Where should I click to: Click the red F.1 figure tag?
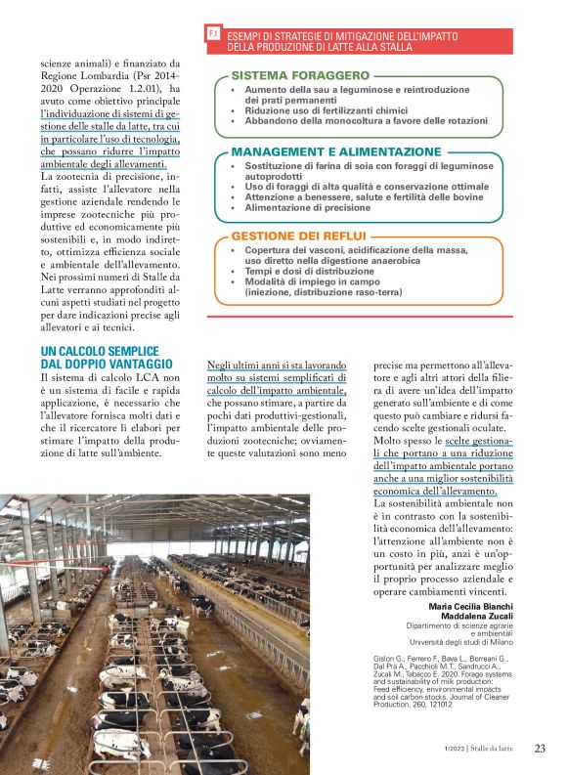213,34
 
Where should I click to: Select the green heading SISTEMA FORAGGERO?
299,75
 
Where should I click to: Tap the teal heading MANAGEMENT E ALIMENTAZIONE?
335,152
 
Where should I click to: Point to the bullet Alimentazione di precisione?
308,207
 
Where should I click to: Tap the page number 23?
540,749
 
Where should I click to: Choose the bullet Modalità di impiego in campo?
315,281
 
